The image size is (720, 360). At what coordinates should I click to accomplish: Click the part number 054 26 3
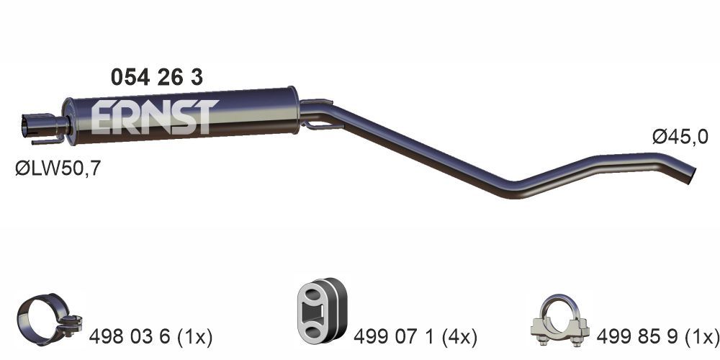tap(156, 78)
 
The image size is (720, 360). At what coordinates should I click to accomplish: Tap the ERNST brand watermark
tap(154, 117)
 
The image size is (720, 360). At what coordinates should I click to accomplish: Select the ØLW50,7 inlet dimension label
tap(58, 169)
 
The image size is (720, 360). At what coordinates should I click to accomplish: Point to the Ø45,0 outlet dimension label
tap(680, 137)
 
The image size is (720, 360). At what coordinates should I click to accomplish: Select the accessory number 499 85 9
tap(634, 336)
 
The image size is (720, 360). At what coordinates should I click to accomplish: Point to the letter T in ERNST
tap(203, 117)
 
